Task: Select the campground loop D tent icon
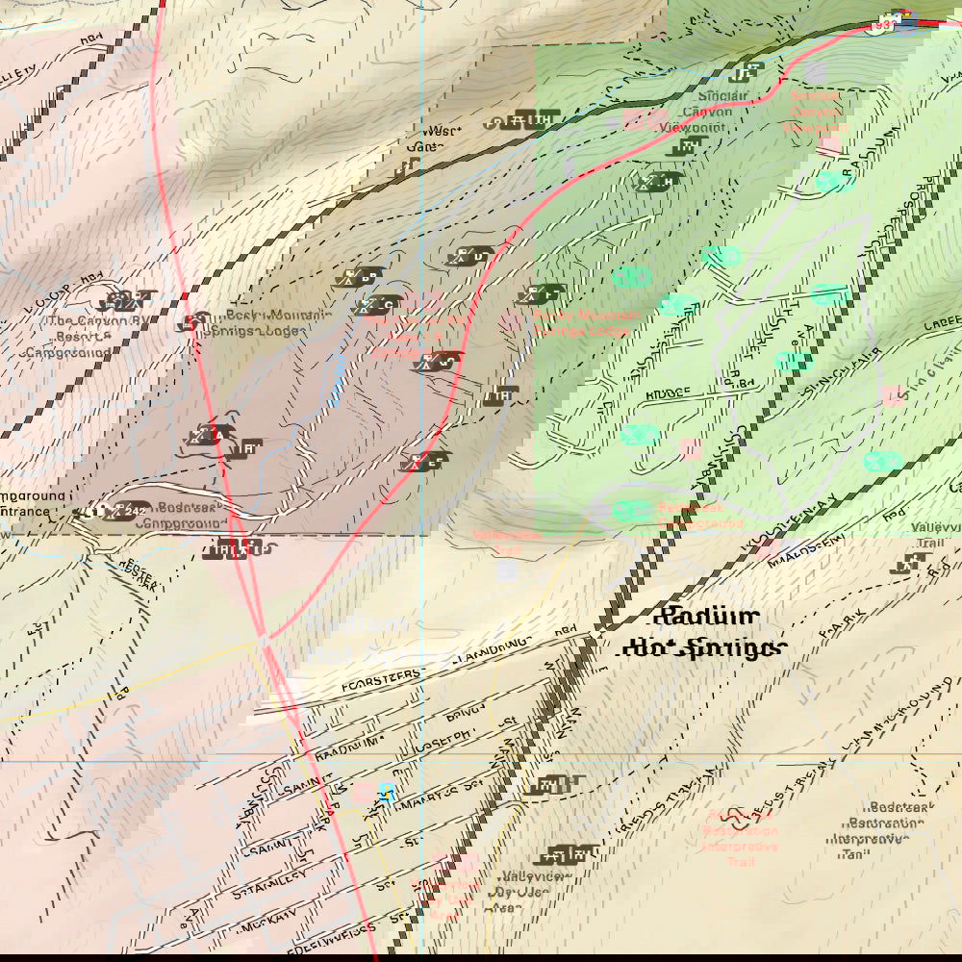(462, 257)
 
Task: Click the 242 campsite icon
(124, 512)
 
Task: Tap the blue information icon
(388, 792)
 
